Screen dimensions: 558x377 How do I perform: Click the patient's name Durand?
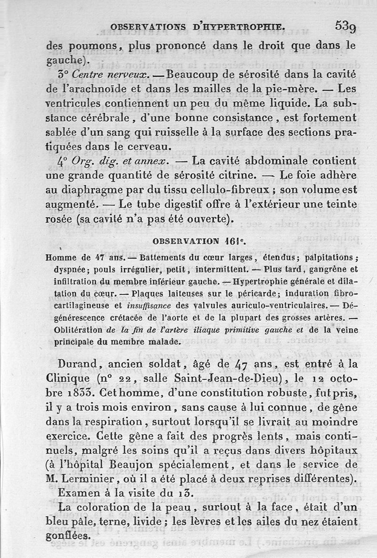coord(76,364)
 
